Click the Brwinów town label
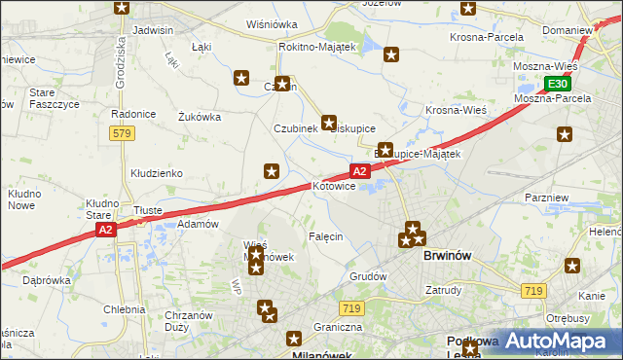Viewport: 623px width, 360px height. [x=449, y=256]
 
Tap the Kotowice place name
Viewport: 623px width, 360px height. [x=333, y=185]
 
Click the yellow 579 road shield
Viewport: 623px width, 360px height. [x=122, y=133]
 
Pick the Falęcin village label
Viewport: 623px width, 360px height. [x=324, y=236]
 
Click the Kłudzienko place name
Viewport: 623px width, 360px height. [x=157, y=173]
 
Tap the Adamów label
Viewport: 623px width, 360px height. [x=198, y=224]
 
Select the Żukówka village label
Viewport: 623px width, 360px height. [x=200, y=117]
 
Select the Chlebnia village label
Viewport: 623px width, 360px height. [x=124, y=309]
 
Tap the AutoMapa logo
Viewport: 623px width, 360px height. [x=559, y=342]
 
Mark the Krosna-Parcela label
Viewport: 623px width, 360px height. [x=487, y=37]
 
